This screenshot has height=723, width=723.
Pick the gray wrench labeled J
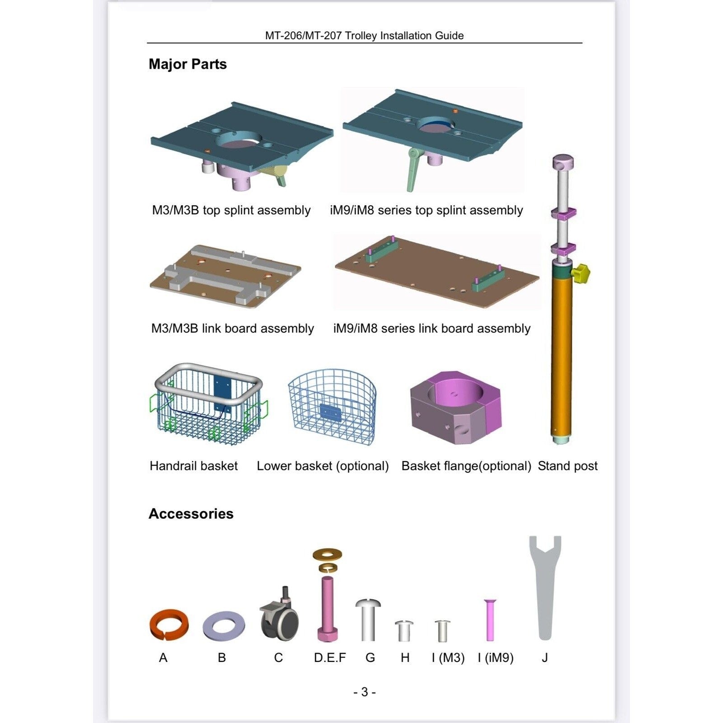coord(545,587)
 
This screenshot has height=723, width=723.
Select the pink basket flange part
coord(455,407)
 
